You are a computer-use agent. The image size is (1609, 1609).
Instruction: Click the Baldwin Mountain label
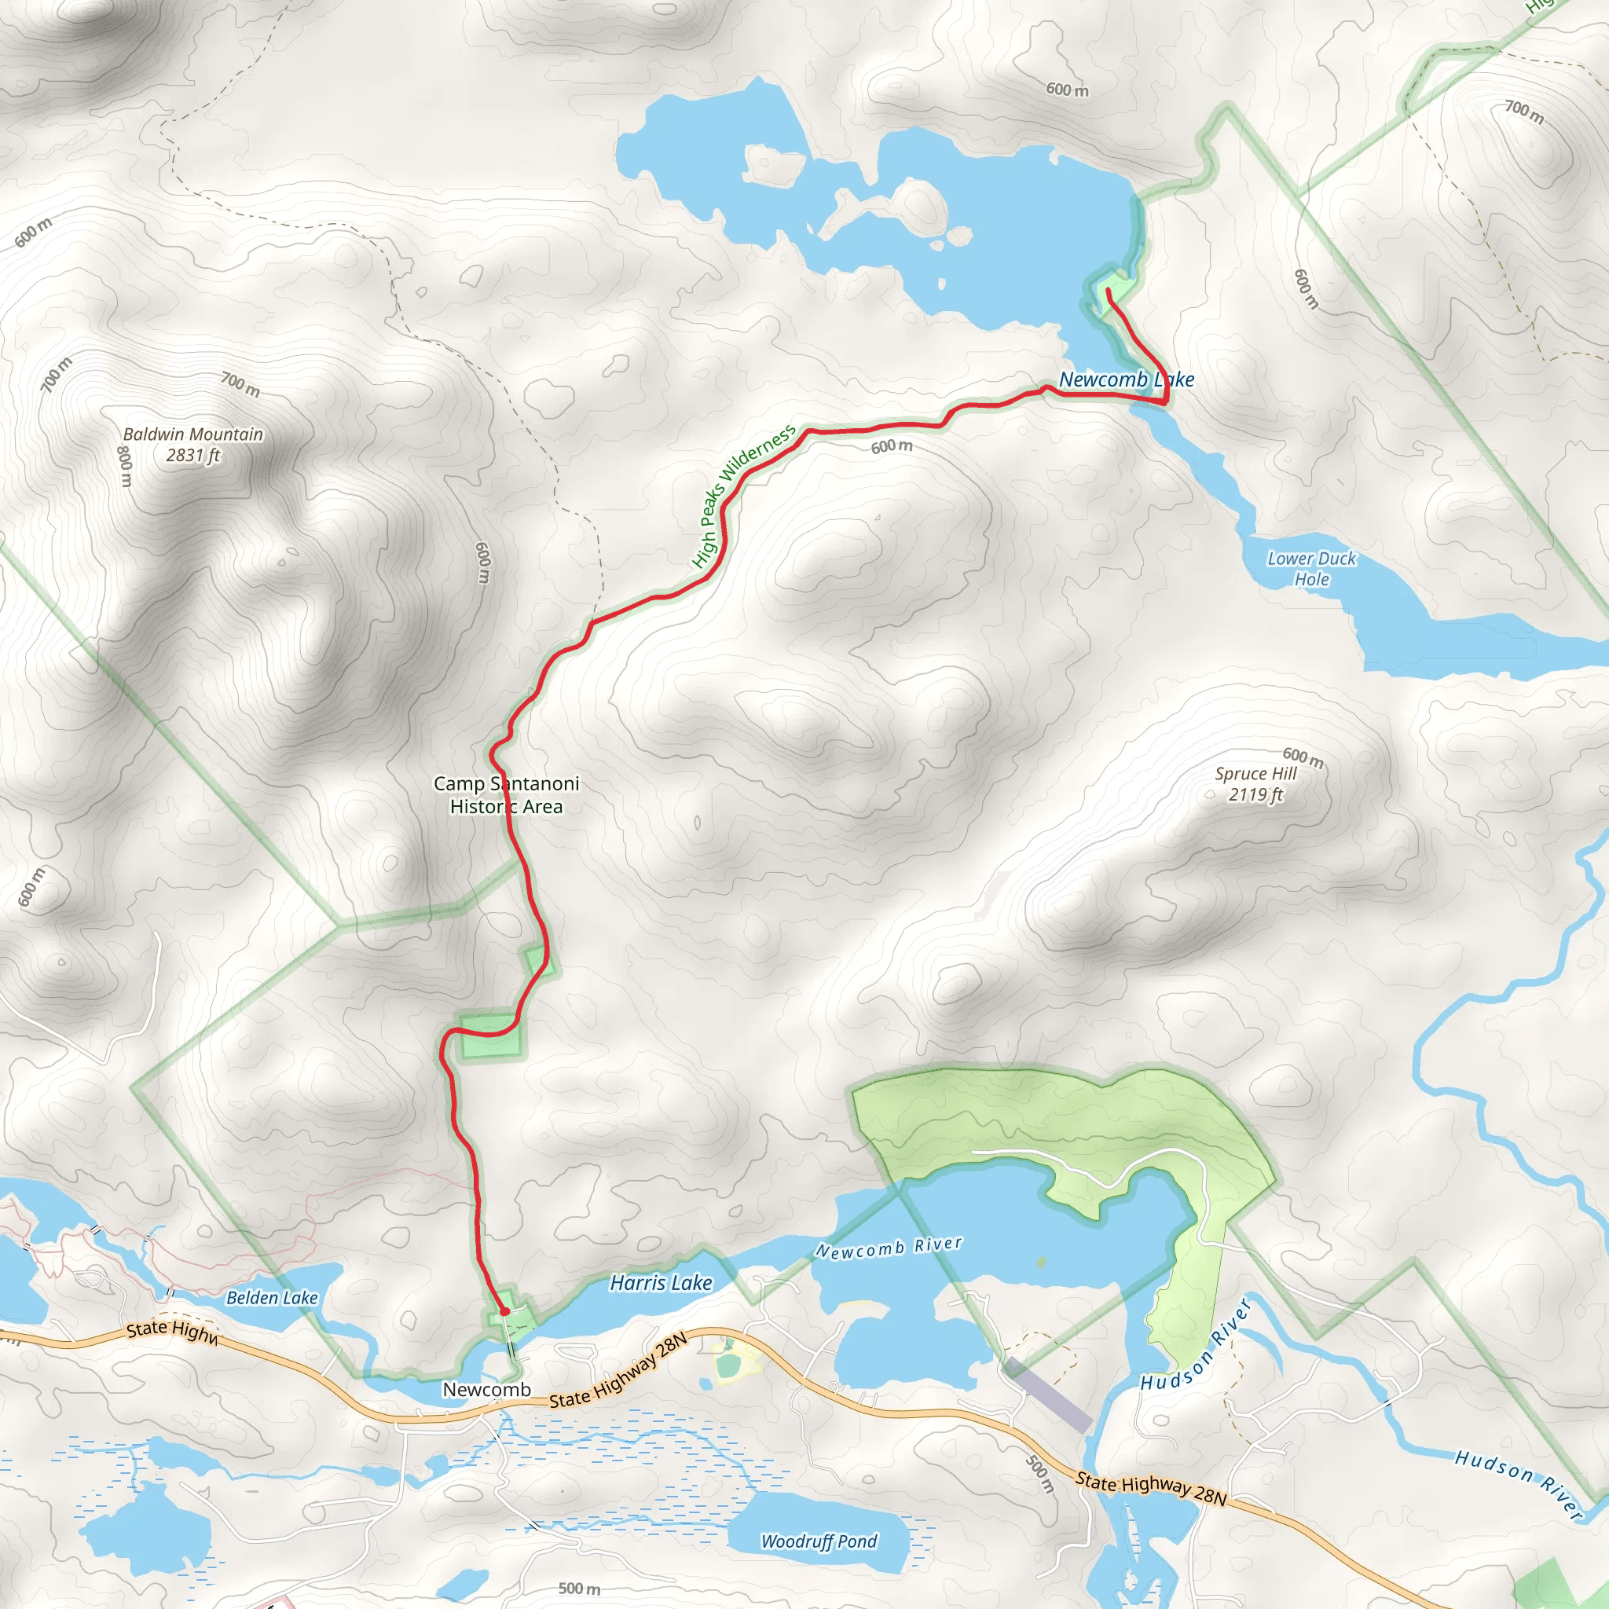(x=192, y=434)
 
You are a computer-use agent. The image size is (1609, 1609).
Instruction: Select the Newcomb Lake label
(x=1126, y=379)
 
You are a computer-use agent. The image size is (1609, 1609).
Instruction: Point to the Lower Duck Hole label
(x=1312, y=569)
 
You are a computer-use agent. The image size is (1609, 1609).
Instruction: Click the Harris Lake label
(x=661, y=1282)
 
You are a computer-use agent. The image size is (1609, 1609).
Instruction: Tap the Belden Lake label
(x=272, y=1298)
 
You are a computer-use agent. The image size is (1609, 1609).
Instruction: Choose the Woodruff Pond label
(x=819, y=1541)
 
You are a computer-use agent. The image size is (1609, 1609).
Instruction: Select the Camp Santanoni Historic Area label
(x=507, y=794)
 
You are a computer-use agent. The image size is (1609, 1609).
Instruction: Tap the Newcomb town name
(x=486, y=1389)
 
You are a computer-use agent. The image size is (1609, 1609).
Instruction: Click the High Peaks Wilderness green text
(x=743, y=497)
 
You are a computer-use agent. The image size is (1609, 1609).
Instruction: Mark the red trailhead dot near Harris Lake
(x=504, y=1312)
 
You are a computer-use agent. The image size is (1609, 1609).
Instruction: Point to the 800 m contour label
(x=124, y=467)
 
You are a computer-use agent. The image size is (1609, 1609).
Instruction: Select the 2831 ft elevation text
(x=192, y=455)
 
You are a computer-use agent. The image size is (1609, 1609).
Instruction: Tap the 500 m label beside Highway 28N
(x=1040, y=1474)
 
